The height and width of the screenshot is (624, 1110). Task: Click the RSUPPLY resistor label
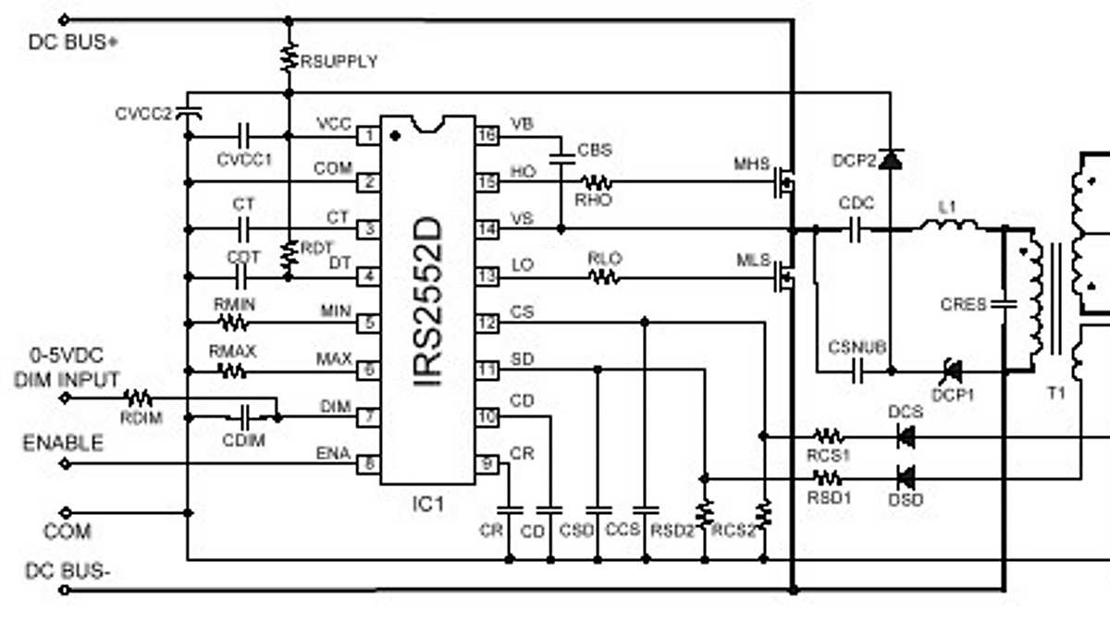[x=339, y=62]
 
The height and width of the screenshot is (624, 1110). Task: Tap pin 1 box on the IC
[x=368, y=136]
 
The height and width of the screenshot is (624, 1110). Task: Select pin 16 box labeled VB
[x=487, y=136]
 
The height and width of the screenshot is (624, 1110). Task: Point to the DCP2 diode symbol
[x=890, y=160]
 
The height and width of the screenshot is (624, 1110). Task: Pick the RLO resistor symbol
[x=604, y=276]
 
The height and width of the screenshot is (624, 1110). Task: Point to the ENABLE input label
[x=63, y=444]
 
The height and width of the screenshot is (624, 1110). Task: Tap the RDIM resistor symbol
[x=139, y=398]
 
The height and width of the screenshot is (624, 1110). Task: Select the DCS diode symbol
[x=906, y=435]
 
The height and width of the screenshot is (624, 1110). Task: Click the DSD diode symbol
[x=906, y=478]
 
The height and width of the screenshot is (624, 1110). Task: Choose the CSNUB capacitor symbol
[x=858, y=371]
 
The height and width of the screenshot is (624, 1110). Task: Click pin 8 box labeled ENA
[x=368, y=464]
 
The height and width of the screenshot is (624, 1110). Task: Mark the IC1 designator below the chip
[x=428, y=505]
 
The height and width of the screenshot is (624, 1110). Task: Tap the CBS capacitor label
[x=594, y=150]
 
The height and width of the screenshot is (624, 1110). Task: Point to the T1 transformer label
[x=1055, y=392]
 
